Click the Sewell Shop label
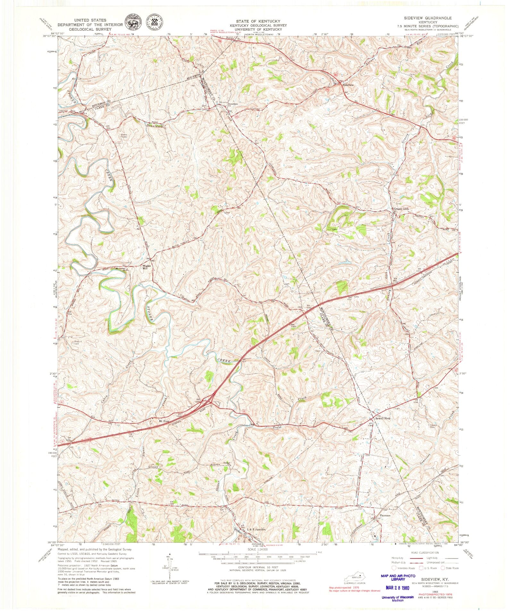[383, 419]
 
